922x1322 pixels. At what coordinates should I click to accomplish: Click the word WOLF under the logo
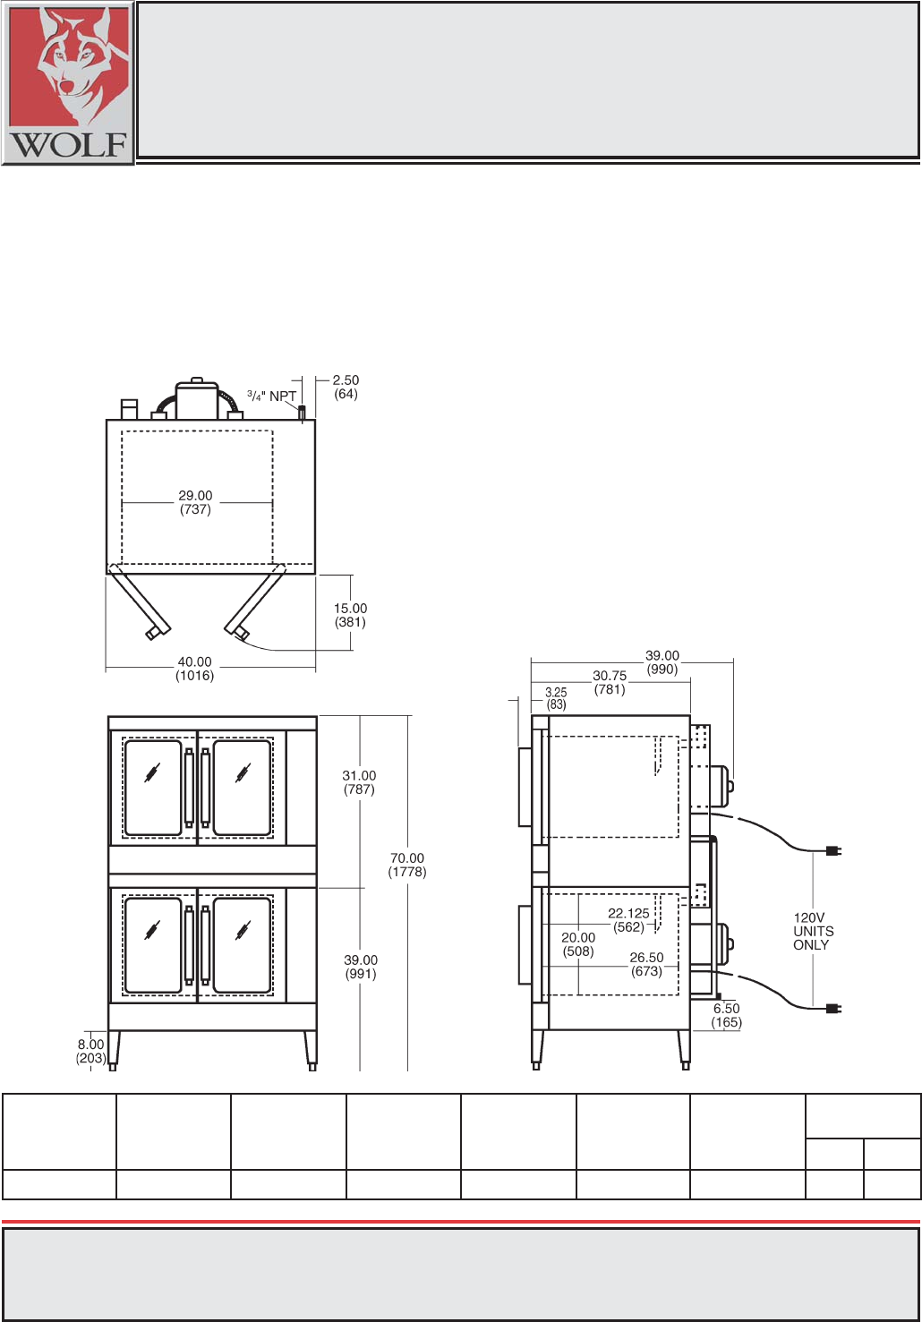point(68,145)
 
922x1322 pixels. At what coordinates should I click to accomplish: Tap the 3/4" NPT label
point(271,396)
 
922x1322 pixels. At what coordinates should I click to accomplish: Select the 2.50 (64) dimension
point(346,388)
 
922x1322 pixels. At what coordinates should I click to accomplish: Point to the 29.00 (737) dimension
point(195,502)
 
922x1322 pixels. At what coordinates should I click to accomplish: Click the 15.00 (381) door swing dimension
point(350,615)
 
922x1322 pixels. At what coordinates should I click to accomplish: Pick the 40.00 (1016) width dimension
point(195,669)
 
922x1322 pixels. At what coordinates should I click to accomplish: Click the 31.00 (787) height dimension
point(359,782)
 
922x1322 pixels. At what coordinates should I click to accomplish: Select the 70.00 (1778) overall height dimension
point(406,866)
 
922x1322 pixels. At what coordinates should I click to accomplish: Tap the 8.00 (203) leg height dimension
point(91,1052)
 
